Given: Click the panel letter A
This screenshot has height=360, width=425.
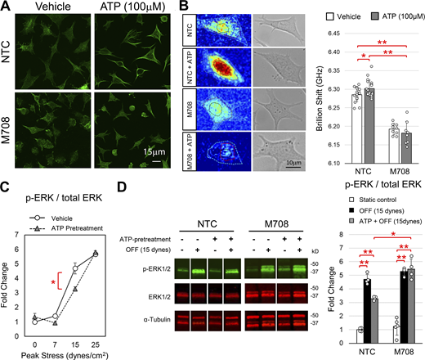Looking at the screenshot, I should (6, 7).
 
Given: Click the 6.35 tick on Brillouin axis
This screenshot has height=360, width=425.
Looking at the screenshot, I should (328, 56).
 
